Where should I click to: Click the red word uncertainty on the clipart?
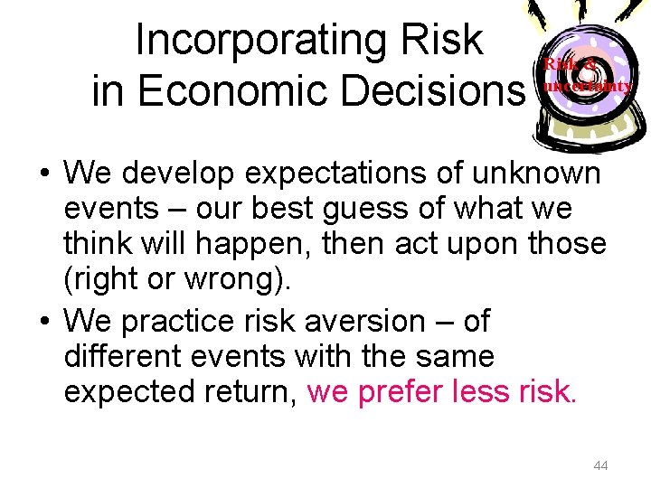(586, 87)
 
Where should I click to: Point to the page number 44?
(599, 465)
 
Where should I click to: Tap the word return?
(240, 392)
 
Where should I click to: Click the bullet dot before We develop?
(43, 172)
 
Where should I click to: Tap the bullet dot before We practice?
(43, 321)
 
